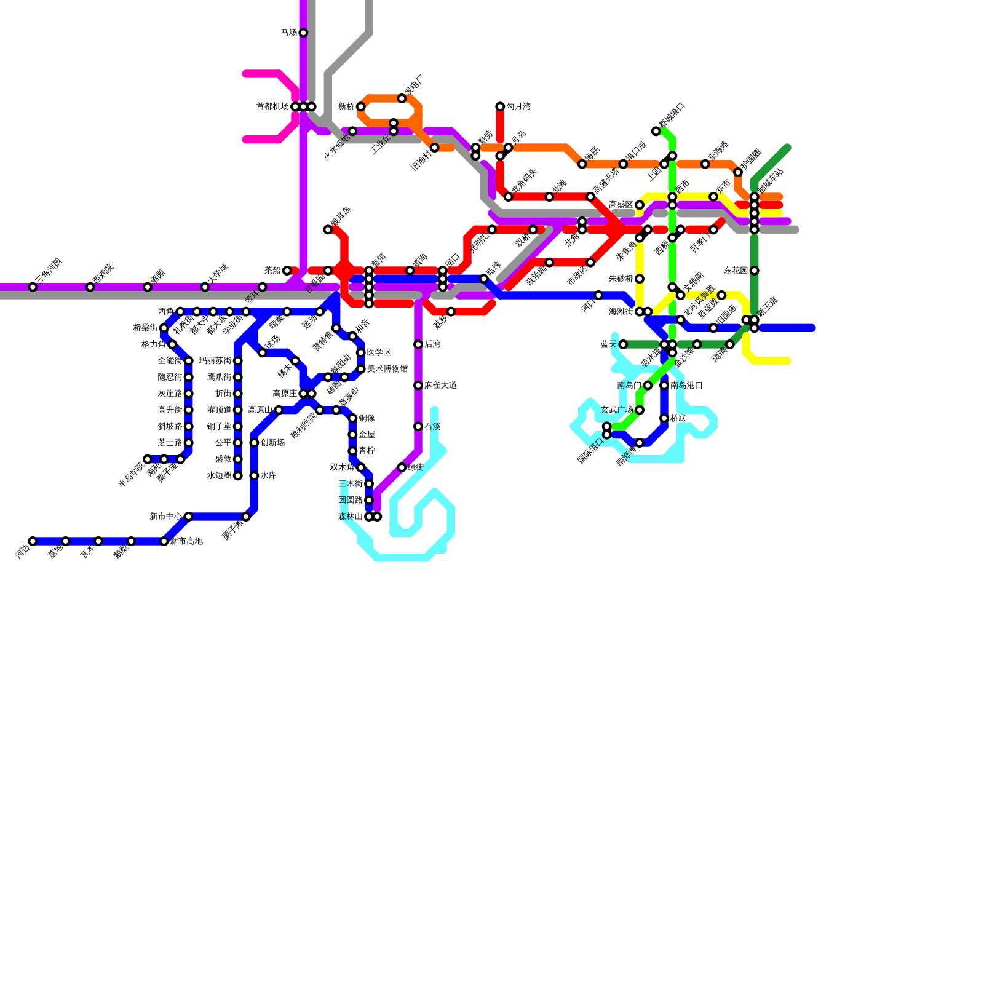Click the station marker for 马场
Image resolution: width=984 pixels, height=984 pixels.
(x=303, y=33)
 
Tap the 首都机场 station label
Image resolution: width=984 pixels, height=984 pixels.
(x=272, y=106)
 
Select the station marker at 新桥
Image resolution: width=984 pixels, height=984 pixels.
(x=360, y=106)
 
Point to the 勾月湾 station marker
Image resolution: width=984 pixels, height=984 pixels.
(x=500, y=106)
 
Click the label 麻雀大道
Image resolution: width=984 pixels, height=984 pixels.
(x=440, y=386)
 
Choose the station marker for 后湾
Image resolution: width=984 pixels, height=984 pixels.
(x=418, y=344)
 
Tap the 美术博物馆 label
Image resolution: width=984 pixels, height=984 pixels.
(x=387, y=369)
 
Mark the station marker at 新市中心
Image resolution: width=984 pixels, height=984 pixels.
(x=188, y=517)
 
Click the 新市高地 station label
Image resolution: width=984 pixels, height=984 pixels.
(x=186, y=541)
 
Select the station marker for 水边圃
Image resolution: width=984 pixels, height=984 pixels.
(x=237, y=475)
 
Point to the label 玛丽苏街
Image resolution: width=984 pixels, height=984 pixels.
(x=215, y=361)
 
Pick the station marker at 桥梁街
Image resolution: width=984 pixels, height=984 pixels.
(x=164, y=328)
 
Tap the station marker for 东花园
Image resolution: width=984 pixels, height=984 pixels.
(x=754, y=271)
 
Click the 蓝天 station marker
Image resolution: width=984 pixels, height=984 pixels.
(x=623, y=344)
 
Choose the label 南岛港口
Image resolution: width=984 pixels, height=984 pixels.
(x=686, y=386)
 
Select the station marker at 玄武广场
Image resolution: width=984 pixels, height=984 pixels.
(x=640, y=410)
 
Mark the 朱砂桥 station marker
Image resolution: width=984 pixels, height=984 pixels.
(x=640, y=279)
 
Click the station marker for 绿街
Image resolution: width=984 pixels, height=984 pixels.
(x=402, y=467)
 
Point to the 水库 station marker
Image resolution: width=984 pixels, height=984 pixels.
(x=254, y=475)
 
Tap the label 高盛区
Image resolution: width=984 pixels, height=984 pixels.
(x=621, y=205)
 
